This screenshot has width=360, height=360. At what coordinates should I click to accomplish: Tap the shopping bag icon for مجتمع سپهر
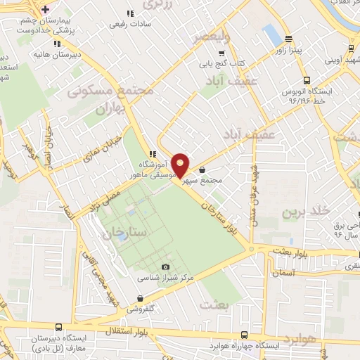(202, 169)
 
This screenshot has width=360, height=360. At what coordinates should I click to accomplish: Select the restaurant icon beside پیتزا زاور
(288, 39)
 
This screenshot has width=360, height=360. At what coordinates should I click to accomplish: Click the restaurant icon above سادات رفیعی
(129, 13)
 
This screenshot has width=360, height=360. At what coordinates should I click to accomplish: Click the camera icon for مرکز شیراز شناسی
(165, 266)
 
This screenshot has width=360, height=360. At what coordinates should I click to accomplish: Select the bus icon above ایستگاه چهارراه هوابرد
(244, 335)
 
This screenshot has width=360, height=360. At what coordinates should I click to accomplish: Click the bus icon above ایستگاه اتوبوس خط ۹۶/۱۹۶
(306, 81)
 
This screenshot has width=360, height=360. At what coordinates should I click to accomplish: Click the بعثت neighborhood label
(214, 304)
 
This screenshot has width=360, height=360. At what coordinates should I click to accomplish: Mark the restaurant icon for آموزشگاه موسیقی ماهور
(152, 155)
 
